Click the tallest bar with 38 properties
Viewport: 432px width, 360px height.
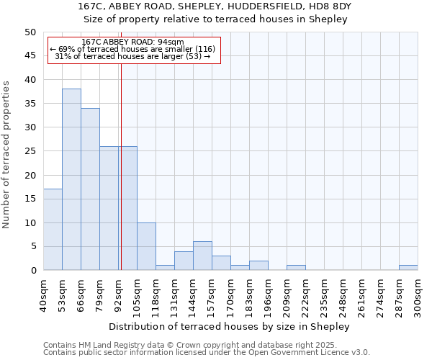[x=71, y=179]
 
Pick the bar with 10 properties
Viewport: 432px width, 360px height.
[x=146, y=246]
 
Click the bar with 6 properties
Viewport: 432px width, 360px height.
[x=202, y=256]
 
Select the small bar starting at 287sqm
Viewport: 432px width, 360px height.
[x=408, y=268]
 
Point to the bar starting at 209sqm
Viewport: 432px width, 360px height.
[x=296, y=268]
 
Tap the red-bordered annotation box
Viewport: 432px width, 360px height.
[x=133, y=50]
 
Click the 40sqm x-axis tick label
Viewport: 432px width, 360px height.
[x=44, y=295]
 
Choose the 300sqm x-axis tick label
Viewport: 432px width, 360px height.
[x=418, y=295]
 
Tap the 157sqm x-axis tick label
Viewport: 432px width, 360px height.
[x=212, y=295]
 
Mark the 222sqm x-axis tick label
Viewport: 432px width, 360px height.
[x=306, y=295]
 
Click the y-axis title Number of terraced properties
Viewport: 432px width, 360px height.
[x=6, y=154]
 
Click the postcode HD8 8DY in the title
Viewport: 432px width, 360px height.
[x=328, y=6]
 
